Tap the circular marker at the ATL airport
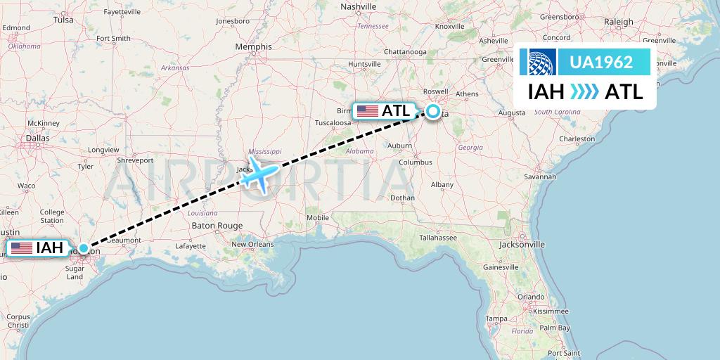tap(432, 111)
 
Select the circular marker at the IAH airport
tap(84, 247)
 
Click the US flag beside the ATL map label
tap(366, 111)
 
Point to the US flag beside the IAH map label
tap(21, 247)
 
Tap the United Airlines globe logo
tap(539, 63)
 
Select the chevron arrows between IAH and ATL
tap(584, 91)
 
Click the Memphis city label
tap(253, 47)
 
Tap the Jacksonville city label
tap(522, 245)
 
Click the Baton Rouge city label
tap(217, 226)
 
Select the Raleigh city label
tap(618, 22)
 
